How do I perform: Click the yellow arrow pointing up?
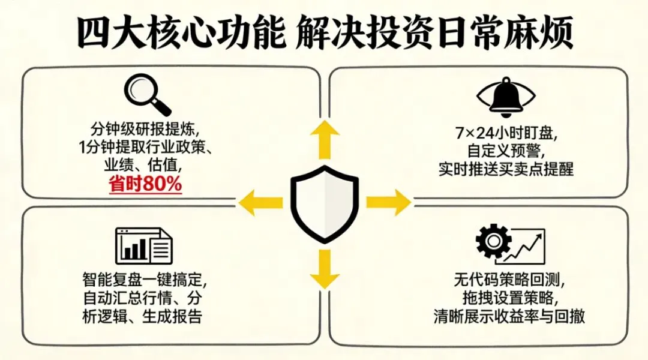pyautogui.click(x=325, y=139)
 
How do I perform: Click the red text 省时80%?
pyautogui.click(x=146, y=184)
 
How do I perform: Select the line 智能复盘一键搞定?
pyautogui.click(x=143, y=279)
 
